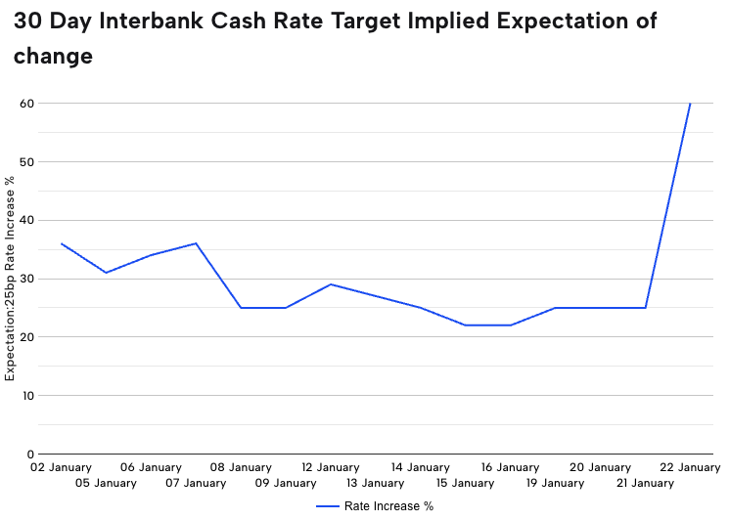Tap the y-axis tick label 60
pyautogui.click(x=27, y=103)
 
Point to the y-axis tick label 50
pyautogui.click(x=27, y=161)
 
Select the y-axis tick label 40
pyautogui.click(x=27, y=220)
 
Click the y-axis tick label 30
pyautogui.click(x=27, y=279)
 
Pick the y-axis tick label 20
pyautogui.click(x=27, y=337)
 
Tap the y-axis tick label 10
pyautogui.click(x=27, y=396)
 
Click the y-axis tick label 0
pyautogui.click(x=30, y=455)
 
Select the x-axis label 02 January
pyautogui.click(x=62, y=468)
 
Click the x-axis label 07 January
pyautogui.click(x=196, y=483)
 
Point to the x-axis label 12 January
pyautogui.click(x=331, y=468)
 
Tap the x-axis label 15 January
pyautogui.click(x=465, y=483)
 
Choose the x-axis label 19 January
pyautogui.click(x=555, y=483)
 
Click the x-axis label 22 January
pyautogui.click(x=690, y=468)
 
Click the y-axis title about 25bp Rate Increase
pyautogui.click(x=11, y=279)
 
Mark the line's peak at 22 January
pyautogui.click(x=690, y=104)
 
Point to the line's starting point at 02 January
pyautogui.click(x=62, y=243)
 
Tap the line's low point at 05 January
pyautogui.click(x=106, y=273)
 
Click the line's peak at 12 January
pyautogui.click(x=331, y=284)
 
